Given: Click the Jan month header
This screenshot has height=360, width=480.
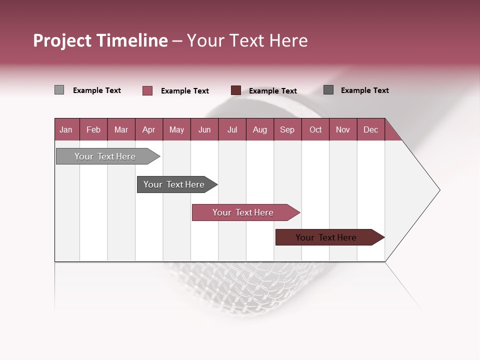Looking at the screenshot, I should pyautogui.click(x=66, y=130).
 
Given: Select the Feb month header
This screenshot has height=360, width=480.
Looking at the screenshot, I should pyautogui.click(x=93, y=130).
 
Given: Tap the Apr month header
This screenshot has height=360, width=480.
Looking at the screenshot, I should pyautogui.click(x=149, y=130).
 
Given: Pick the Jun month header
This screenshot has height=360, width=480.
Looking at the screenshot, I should pyautogui.click(x=204, y=130).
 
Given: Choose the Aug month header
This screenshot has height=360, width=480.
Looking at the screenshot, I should pyautogui.click(x=260, y=130).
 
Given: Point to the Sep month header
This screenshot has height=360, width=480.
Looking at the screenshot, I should pyautogui.click(x=287, y=130).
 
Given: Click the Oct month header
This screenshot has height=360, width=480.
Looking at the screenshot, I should pyautogui.click(x=315, y=130).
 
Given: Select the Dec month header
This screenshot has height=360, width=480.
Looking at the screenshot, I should pyautogui.click(x=371, y=130).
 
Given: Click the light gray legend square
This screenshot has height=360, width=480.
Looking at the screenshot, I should pyautogui.click(x=59, y=90).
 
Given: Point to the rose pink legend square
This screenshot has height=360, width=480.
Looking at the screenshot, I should pyautogui.click(x=147, y=90).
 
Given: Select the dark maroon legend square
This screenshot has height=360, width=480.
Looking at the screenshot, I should pyautogui.click(x=236, y=90).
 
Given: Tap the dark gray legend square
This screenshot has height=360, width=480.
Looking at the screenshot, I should pyautogui.click(x=328, y=90).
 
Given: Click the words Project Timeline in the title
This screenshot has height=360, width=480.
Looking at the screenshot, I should pyautogui.click(x=100, y=40).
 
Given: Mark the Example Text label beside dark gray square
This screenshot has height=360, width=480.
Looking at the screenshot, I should pyautogui.click(x=364, y=90).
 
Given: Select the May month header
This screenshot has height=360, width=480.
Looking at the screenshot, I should pyautogui.click(x=176, y=130).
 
